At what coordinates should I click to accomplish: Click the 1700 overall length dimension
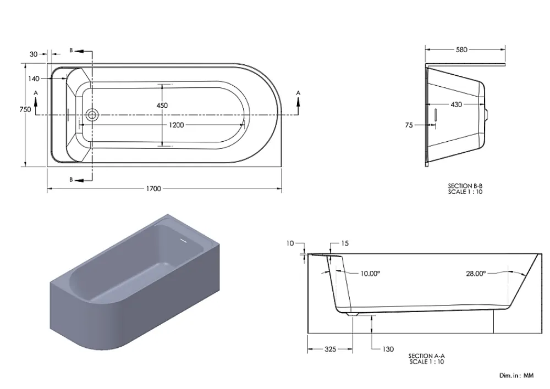point(153,188)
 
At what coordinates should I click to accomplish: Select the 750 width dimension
point(25,109)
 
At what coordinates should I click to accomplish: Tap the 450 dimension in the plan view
point(162,105)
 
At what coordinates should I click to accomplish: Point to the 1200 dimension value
point(176,125)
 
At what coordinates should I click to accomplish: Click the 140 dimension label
point(34,79)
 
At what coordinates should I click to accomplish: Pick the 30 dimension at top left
point(34,54)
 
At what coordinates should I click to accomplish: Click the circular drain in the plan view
point(92,114)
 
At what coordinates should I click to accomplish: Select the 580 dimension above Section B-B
point(461,50)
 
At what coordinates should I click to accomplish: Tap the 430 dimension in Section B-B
point(456,104)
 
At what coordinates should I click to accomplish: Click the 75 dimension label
point(409,125)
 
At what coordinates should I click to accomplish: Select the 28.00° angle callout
point(476,274)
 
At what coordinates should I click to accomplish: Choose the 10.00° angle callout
point(370,274)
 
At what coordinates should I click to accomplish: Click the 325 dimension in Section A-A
point(331,349)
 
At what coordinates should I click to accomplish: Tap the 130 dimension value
point(388,349)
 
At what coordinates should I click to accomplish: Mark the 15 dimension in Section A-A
point(345,243)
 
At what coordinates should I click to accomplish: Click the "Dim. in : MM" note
point(516,375)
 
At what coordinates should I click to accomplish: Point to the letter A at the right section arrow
point(298,93)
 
